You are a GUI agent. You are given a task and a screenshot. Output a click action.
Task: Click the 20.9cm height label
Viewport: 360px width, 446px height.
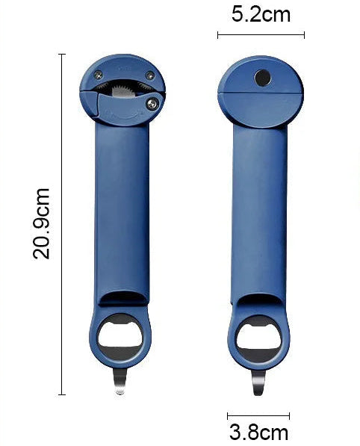click(x=42, y=223)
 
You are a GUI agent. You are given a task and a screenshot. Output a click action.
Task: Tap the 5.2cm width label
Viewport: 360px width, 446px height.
click(x=261, y=14)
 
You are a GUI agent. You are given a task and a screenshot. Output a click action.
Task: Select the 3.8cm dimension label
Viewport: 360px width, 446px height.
click(x=258, y=432)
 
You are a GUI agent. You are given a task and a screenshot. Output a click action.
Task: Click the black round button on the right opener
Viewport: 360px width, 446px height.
click(x=262, y=78)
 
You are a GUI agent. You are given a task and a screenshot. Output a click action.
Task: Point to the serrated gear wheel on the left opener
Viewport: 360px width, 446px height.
click(x=122, y=91)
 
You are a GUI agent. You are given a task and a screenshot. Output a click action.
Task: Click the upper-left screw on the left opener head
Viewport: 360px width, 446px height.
click(x=99, y=75)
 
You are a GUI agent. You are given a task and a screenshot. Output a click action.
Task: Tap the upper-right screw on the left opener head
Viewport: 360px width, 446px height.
click(x=150, y=75)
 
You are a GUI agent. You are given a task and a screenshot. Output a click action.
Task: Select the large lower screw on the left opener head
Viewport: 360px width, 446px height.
click(x=152, y=104)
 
